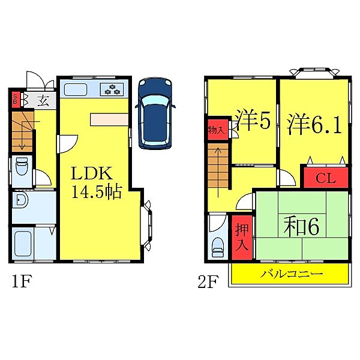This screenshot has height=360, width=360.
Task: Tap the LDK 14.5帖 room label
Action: coord(97,182)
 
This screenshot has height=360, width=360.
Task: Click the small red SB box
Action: coord(16,98)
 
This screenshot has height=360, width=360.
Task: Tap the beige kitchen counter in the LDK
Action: coord(109,119)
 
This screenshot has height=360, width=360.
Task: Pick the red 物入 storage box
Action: coord(216,130)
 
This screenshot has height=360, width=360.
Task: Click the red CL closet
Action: coord(325,178)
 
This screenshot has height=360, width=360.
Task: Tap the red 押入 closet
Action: coord(241,238)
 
